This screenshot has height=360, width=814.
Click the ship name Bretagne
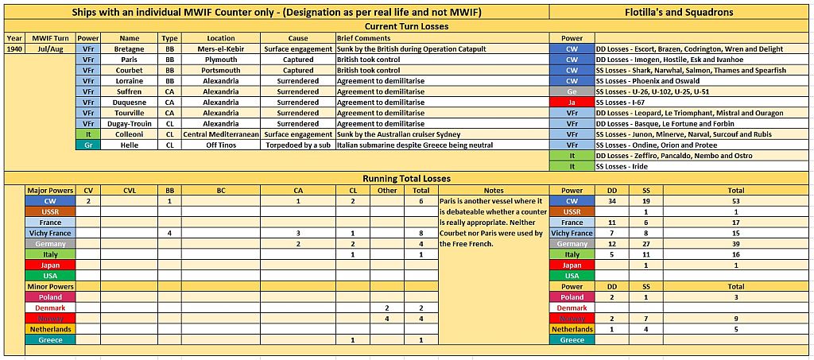coord(129,48)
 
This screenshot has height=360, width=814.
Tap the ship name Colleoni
coord(129,134)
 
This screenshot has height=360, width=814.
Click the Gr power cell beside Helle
coord(88,145)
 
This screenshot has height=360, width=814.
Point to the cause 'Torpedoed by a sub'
coord(298,145)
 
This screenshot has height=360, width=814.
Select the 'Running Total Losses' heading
coord(406,179)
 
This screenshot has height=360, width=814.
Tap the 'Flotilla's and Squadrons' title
coord(681,13)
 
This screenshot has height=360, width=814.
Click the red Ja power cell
coord(572,103)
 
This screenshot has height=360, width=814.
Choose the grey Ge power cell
coord(572,91)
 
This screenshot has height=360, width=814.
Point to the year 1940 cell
coord(14,48)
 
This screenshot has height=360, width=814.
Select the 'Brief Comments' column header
coord(363,38)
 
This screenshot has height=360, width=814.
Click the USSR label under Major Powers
coord(50,212)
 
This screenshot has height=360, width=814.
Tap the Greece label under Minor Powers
coord(50,339)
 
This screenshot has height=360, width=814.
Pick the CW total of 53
coord(736,201)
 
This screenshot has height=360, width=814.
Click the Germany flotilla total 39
coord(736,244)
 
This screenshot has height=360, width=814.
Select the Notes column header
coord(493,191)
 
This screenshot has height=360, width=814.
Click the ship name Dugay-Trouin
coord(129,124)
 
